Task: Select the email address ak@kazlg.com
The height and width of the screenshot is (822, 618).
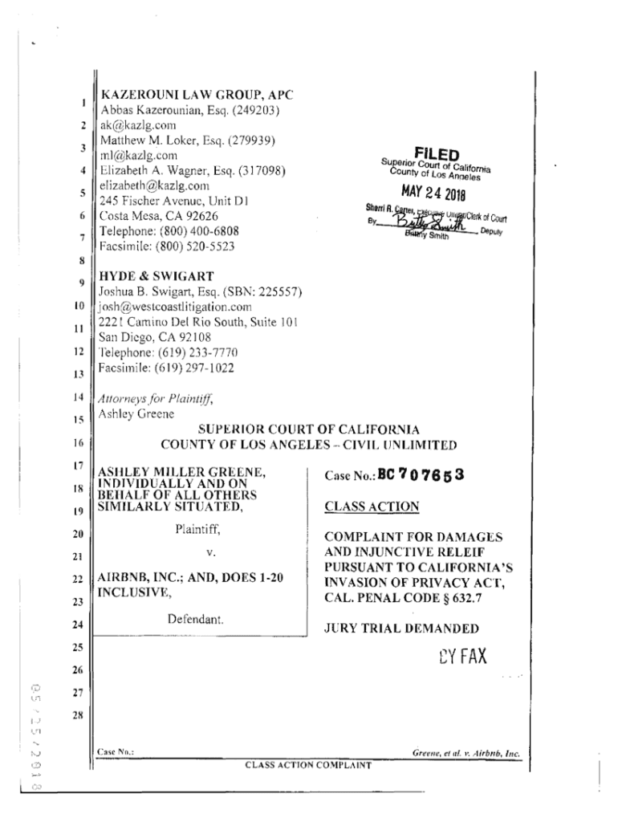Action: [x=137, y=125]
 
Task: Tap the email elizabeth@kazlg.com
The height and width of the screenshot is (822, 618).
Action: [x=153, y=185]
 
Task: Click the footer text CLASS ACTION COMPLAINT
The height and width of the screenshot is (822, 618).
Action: [x=308, y=765]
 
